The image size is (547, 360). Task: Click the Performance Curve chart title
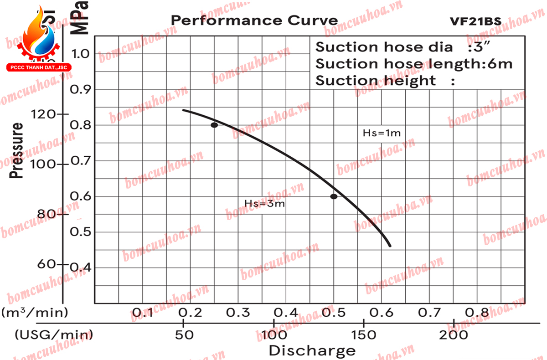click(254, 21)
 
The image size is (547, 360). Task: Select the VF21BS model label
click(475, 21)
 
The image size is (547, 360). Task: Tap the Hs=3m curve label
click(264, 204)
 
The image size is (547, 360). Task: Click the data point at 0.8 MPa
click(214, 125)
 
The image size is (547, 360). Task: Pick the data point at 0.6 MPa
click(334, 196)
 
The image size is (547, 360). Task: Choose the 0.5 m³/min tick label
click(335, 313)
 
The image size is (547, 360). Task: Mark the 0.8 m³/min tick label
click(477, 313)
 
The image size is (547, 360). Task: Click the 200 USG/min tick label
click(454, 335)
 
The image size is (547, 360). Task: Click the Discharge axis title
click(312, 351)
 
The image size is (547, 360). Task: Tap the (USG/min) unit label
click(54, 335)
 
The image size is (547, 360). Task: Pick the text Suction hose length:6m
click(414, 64)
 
